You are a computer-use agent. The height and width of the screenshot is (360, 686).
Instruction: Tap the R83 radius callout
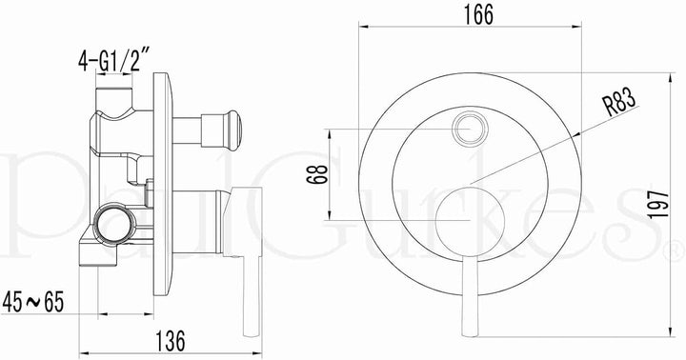[619, 102]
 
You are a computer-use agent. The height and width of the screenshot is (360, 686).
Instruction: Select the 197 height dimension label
[658, 205]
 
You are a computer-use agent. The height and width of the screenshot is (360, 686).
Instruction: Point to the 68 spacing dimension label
[320, 174]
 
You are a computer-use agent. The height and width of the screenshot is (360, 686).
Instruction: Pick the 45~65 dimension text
[33, 302]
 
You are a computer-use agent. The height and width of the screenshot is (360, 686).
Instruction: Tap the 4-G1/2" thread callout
[114, 60]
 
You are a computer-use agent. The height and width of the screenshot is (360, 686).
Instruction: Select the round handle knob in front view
[471, 221]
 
